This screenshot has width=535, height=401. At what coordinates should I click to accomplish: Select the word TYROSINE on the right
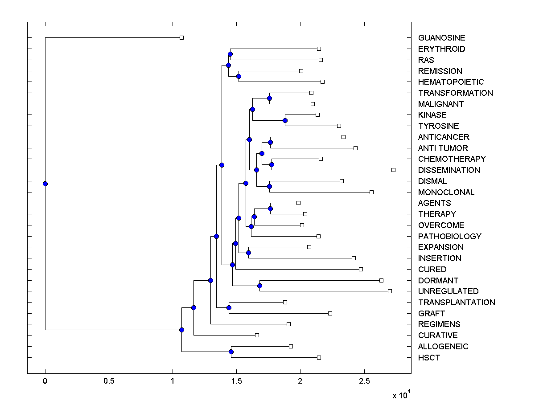pyautogui.click(x=438, y=126)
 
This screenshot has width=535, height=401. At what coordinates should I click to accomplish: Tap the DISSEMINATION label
pyautogui.click(x=449, y=170)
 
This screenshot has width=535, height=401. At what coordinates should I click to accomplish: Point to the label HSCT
pyautogui.click(x=429, y=358)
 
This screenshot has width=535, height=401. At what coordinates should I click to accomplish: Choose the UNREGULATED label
pyautogui.click(x=448, y=291)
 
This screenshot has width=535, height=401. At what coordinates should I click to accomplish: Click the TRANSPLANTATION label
pyautogui.click(x=457, y=303)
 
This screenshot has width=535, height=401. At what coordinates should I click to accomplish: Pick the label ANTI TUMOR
pyautogui.click(x=443, y=148)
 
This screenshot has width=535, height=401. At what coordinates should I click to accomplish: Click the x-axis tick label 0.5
pyautogui.click(x=109, y=381)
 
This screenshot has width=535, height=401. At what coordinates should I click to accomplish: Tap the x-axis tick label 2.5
pyautogui.click(x=364, y=381)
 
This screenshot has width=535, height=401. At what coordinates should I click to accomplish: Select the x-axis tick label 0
pyautogui.click(x=45, y=381)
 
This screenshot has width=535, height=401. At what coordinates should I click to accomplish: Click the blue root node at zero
pyautogui.click(x=45, y=184)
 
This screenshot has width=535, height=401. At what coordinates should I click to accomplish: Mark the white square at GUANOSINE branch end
pyautogui.click(x=181, y=37)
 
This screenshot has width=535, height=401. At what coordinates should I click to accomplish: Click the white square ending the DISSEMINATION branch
pyautogui.click(x=393, y=170)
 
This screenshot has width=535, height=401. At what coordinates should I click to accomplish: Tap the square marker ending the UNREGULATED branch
pyautogui.click(x=390, y=291)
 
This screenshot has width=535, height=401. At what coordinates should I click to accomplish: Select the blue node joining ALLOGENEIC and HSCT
pyautogui.click(x=231, y=352)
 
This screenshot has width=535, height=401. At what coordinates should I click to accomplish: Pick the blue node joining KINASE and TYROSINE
pyautogui.click(x=285, y=120)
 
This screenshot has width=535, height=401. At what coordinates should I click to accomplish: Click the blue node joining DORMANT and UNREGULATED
pyautogui.click(x=259, y=286)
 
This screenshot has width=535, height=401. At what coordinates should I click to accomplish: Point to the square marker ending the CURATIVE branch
pyautogui.click(x=257, y=335)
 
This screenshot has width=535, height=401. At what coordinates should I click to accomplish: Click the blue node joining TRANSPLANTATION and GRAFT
pyautogui.click(x=229, y=307)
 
